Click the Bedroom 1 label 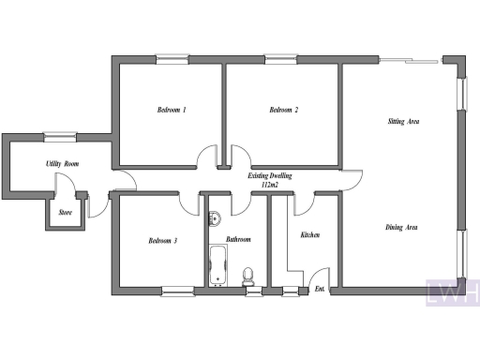click(x=171, y=111)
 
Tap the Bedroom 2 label click(x=283, y=111)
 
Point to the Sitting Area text click(x=403, y=122)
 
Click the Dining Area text click(x=401, y=228)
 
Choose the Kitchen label click(x=310, y=234)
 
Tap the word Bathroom click(x=238, y=240)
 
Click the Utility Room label click(x=63, y=165)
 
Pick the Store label click(x=65, y=213)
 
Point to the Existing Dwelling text click(x=271, y=176)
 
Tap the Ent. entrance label click(x=321, y=288)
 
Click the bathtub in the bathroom click(x=218, y=264)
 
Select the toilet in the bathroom click(x=248, y=276)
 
